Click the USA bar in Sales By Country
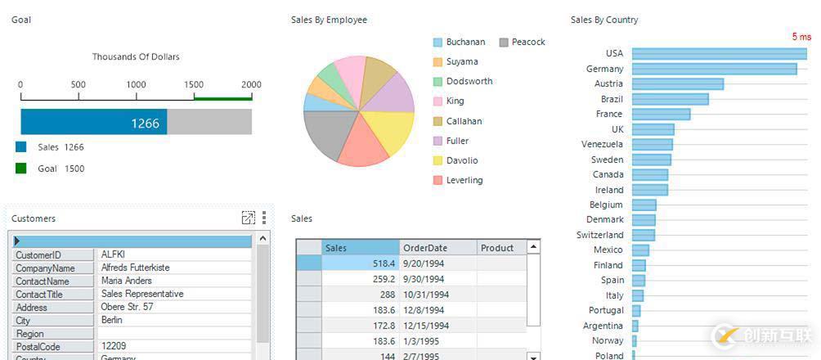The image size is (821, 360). [719, 54]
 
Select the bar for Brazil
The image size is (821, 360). [670, 99]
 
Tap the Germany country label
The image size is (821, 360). [604, 69]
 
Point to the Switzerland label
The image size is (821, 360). [599, 235]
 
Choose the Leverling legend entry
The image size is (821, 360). [464, 180]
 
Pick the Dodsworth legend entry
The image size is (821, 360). [469, 81]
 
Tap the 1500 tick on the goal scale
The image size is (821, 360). [194, 85]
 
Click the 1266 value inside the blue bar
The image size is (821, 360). [145, 123]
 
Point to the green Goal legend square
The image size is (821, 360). [21, 169]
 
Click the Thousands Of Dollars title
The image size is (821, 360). [136, 57]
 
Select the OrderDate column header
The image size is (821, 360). [424, 248]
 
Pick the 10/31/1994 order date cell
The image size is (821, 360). [426, 295]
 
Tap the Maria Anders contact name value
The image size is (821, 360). [127, 281]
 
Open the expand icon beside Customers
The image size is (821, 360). [249, 218]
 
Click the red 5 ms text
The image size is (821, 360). [801, 37]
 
